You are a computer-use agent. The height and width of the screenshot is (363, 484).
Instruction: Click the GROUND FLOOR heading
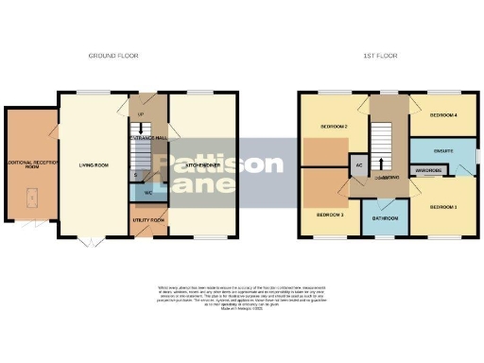[114, 56]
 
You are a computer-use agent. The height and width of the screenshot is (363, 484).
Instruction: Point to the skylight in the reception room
[31, 196]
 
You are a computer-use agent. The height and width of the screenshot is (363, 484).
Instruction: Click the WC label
[148, 193]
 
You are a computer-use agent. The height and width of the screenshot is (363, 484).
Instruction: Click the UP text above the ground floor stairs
[142, 116]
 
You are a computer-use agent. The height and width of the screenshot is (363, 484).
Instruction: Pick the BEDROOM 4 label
[443, 116]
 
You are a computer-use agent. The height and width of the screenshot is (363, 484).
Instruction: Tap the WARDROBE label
[430, 171]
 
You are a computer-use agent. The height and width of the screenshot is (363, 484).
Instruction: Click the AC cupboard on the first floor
[359, 165]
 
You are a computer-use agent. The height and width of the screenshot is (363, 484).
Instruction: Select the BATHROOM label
[388, 218]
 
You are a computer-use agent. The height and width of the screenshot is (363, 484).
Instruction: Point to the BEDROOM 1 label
[443, 206]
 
